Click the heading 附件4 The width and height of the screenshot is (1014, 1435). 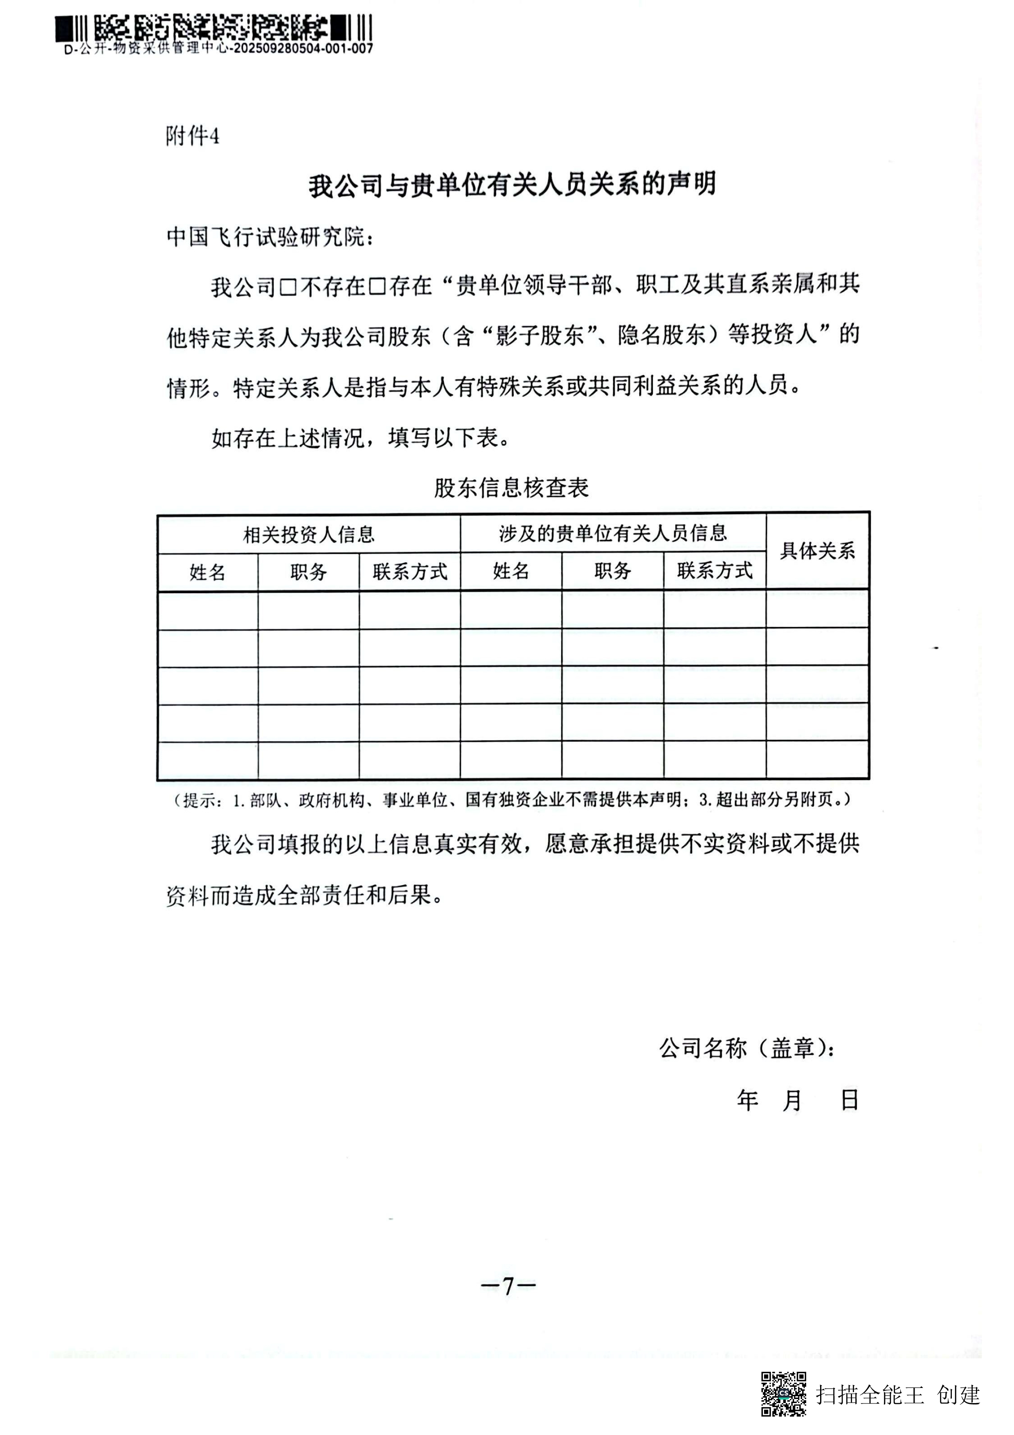coord(192,136)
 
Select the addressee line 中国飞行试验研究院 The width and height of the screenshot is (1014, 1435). coord(269,238)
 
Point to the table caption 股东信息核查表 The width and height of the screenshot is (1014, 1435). coord(511,488)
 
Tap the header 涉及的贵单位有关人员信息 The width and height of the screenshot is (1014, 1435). coord(613,533)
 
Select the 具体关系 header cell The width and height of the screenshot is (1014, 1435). coord(817,551)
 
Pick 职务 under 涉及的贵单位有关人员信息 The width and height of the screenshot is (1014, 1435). coord(612,571)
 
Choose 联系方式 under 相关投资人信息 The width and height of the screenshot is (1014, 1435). coord(410,572)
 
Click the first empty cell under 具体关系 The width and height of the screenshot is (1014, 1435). coord(817,610)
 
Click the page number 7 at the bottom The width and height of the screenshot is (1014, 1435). coord(508,1286)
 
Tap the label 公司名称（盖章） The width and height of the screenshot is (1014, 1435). coord(746,1048)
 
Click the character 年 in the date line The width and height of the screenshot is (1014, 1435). coord(747,1100)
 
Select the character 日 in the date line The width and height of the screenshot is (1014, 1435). coord(849,1100)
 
